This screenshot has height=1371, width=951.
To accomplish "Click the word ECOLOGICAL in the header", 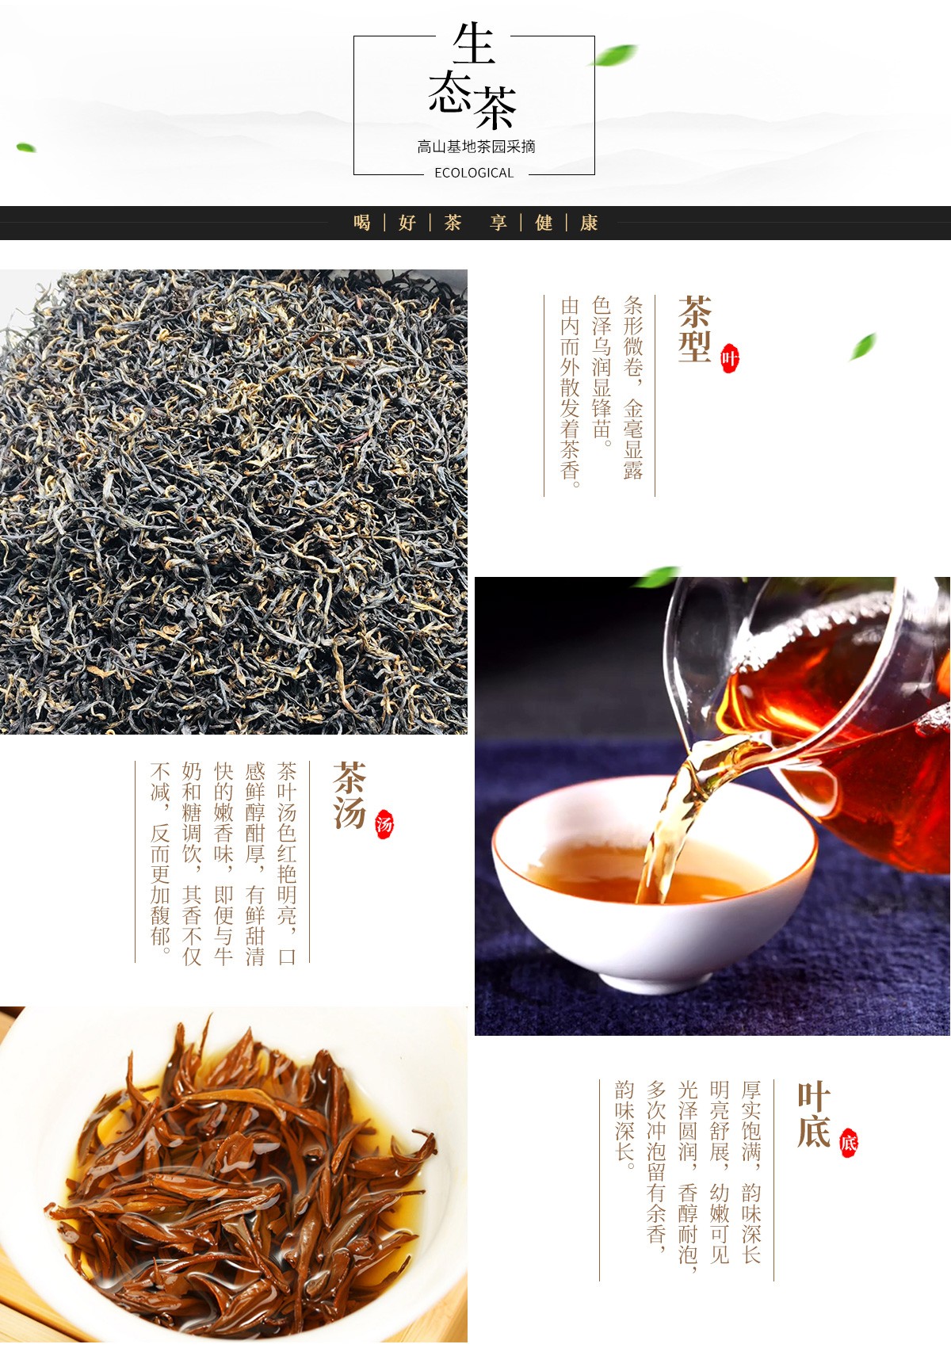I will pyautogui.click(x=474, y=173).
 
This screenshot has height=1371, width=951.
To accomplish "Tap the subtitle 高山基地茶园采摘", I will pyautogui.click(x=476, y=147).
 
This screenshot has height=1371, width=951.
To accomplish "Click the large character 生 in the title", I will pyautogui.click(x=474, y=44).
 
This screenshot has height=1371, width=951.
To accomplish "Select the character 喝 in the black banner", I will pyautogui.click(x=362, y=223).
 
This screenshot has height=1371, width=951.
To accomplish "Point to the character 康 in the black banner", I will pyautogui.click(x=589, y=223).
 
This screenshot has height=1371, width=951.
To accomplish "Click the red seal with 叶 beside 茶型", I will pyautogui.click(x=729, y=359).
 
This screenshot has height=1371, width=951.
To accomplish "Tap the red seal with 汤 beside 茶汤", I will pyautogui.click(x=384, y=825).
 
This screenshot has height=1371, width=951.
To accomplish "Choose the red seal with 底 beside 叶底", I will pyautogui.click(x=848, y=1143).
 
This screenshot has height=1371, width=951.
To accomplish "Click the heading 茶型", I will pyautogui.click(x=694, y=329).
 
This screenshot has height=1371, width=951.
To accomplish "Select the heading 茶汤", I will pyautogui.click(x=349, y=795).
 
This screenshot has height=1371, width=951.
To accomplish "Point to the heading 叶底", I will pyautogui.click(x=814, y=1114).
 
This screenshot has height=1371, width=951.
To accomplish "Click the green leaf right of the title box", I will pyautogui.click(x=615, y=55).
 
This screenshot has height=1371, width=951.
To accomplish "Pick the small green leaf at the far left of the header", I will pyautogui.click(x=26, y=147).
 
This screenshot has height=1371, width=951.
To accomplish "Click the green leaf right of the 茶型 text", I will pyautogui.click(x=863, y=346).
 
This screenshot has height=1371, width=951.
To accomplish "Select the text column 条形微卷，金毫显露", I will pyautogui.click(x=632, y=388).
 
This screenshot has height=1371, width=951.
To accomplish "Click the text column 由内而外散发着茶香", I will pyautogui.click(x=570, y=392).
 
